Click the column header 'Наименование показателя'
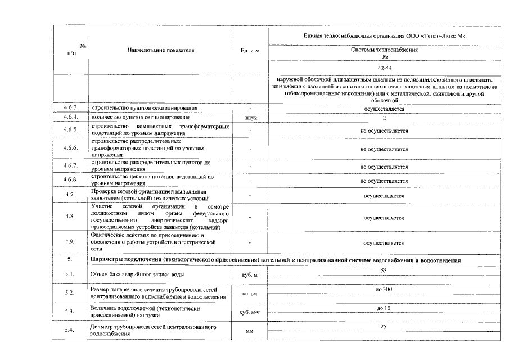(x=160, y=50)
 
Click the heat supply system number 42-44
(x=385, y=67)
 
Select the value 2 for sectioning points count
(x=384, y=118)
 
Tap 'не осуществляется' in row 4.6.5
(x=384, y=130)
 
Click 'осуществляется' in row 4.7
(x=384, y=196)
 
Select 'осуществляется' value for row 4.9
(x=384, y=243)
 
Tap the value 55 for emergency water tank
(x=384, y=271)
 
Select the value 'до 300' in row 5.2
(x=384, y=289)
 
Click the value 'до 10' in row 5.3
(x=384, y=308)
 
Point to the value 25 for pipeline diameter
(x=384, y=326)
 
